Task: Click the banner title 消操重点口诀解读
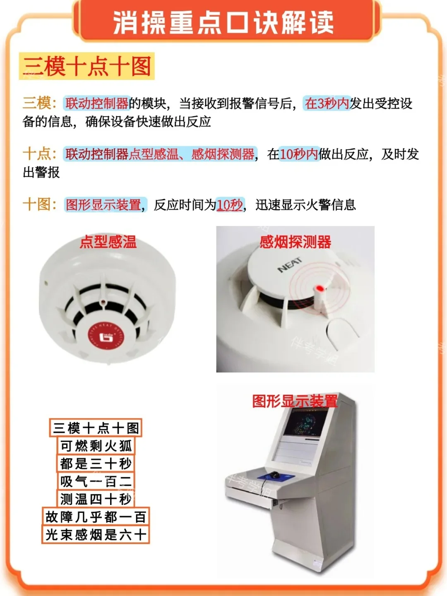click(223, 22)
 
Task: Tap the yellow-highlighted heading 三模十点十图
click(87, 66)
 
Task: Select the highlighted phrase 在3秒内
click(327, 103)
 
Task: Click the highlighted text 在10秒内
click(299, 154)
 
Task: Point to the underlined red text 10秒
click(230, 205)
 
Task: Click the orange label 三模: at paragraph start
click(39, 103)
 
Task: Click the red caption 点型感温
click(108, 242)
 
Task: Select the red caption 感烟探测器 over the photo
click(295, 242)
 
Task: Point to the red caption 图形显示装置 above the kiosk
click(295, 401)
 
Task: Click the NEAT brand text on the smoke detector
click(290, 265)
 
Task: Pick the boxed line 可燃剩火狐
click(96, 446)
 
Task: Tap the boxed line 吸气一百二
click(96, 481)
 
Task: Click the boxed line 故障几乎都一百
click(96, 517)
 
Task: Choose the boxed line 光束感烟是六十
click(96, 535)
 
